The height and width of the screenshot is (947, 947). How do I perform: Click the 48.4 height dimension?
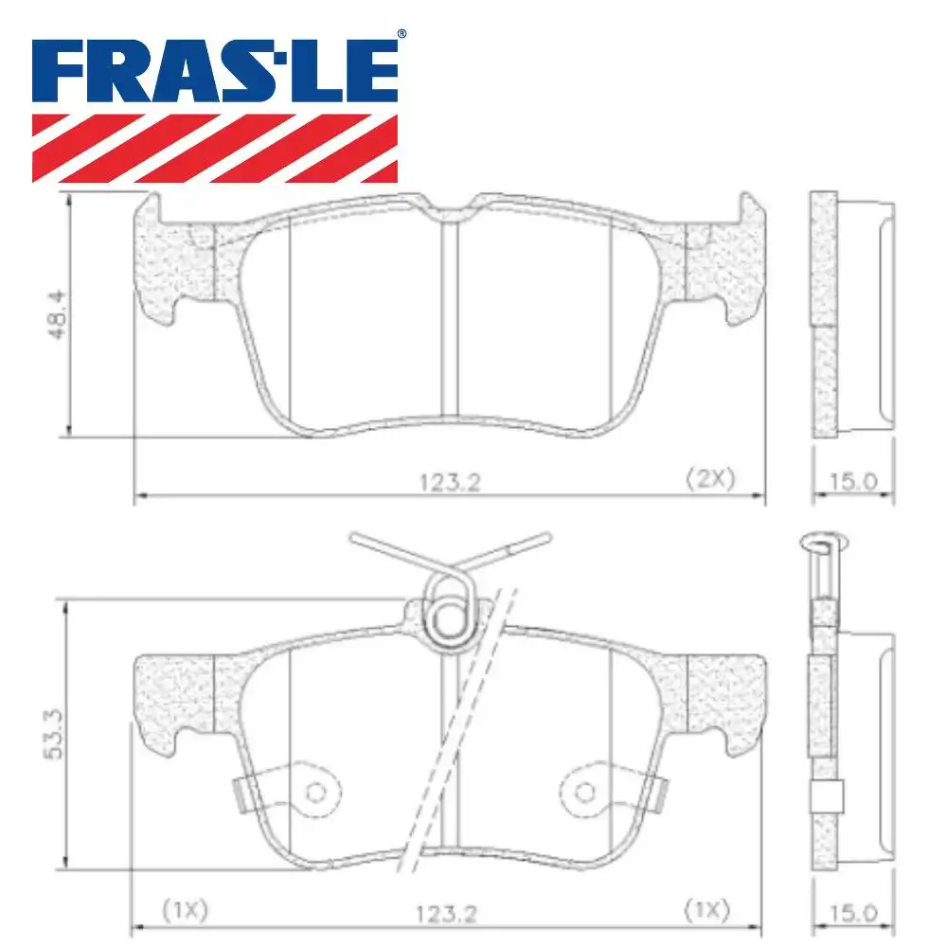click(x=58, y=314)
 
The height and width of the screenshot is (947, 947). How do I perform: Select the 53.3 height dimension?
click(x=54, y=735)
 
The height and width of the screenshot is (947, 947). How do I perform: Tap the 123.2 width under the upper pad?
click(x=450, y=482)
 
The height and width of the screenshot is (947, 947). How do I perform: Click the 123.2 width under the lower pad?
click(x=446, y=914)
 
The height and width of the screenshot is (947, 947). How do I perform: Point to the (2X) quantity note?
click(x=710, y=478)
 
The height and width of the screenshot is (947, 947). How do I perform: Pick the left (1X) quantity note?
click(x=186, y=909)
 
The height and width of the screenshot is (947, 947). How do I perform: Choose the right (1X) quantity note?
click(x=706, y=909)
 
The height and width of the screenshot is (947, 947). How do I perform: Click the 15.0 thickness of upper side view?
click(x=853, y=482)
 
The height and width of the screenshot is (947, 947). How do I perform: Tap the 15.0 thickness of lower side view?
click(x=853, y=913)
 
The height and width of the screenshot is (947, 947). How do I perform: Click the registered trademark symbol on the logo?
click(x=401, y=34)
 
